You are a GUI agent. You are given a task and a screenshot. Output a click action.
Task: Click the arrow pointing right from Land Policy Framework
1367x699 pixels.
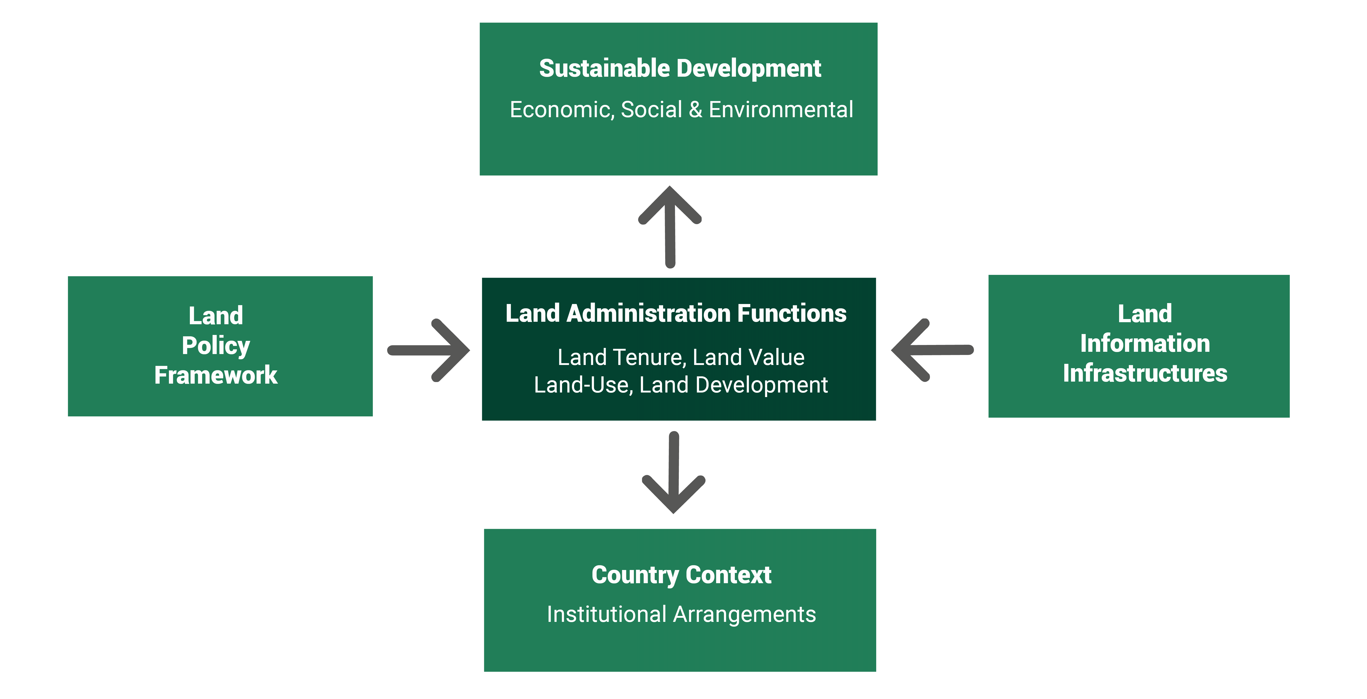(429, 350)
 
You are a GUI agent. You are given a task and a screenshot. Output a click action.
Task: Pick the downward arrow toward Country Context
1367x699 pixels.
(673, 472)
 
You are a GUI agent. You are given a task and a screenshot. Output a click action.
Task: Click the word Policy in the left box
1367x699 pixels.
(215, 346)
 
